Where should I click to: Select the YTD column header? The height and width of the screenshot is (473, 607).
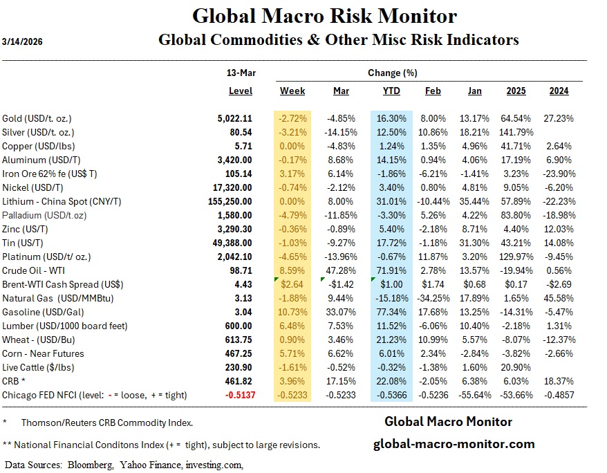pyautogui.click(x=391, y=91)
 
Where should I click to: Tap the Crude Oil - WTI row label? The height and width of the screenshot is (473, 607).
pyautogui.click(x=32, y=270)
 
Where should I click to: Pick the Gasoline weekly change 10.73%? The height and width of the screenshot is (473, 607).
pyautogui.click(x=293, y=312)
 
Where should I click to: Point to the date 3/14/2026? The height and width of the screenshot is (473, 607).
pyautogui.click(x=22, y=39)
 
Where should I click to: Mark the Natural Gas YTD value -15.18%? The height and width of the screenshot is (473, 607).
pyautogui.click(x=391, y=298)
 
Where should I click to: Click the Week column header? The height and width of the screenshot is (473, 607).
pyautogui.click(x=292, y=91)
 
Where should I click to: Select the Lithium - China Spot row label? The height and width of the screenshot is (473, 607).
pyautogui.click(x=62, y=201)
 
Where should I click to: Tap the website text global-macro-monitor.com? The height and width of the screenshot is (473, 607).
pyautogui.click(x=454, y=444)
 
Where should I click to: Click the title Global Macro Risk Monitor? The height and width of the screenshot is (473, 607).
pyautogui.click(x=324, y=15)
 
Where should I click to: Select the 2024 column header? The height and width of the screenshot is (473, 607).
pyautogui.click(x=559, y=91)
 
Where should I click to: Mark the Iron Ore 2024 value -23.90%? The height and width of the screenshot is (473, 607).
pyautogui.click(x=557, y=174)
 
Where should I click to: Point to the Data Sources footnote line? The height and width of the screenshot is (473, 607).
pyautogui.click(x=124, y=465)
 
